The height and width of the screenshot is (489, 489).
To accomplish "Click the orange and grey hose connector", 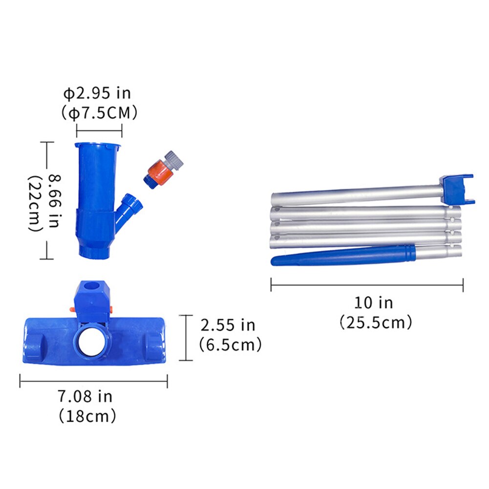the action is (163, 170).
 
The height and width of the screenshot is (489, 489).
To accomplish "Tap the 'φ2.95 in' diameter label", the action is (97, 93).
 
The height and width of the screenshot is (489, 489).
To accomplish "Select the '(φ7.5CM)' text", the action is (99, 112).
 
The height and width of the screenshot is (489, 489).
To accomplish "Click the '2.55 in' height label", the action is (228, 325).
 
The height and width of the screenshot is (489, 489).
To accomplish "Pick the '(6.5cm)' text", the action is (230, 344).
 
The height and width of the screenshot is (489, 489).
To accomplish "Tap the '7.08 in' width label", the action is (85, 396).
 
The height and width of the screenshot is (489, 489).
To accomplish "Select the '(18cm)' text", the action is (87, 416).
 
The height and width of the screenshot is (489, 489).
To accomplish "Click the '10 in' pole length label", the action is (373, 302).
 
